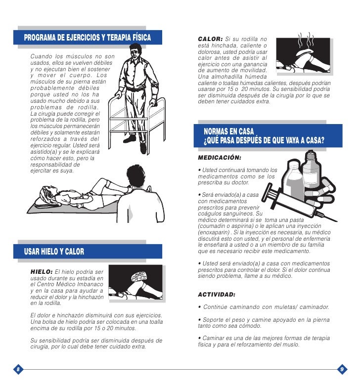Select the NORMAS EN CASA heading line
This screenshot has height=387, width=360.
click(x=228, y=132)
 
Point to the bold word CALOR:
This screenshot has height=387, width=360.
click(x=210, y=40)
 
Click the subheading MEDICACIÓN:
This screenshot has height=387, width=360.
click(x=219, y=159)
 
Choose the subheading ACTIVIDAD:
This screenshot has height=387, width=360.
click(x=217, y=295)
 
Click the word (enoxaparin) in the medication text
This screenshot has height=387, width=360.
click(x=215, y=232)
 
